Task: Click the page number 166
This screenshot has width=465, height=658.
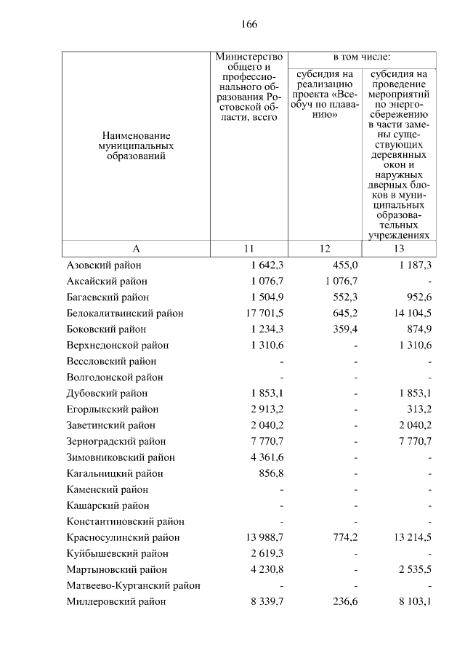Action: tap(249, 24)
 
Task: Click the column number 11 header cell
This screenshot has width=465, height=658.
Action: tap(248, 249)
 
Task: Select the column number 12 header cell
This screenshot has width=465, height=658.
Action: tap(325, 249)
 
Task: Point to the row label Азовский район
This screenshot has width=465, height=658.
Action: tap(104, 265)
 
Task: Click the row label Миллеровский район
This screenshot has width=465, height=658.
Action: tap(116, 601)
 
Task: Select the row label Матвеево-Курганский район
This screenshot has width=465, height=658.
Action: tap(133, 585)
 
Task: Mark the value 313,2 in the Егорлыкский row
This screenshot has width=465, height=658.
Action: tap(418, 409)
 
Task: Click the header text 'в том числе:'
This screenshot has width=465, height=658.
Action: tap(362, 57)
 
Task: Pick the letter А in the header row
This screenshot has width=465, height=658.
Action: tap(136, 249)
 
